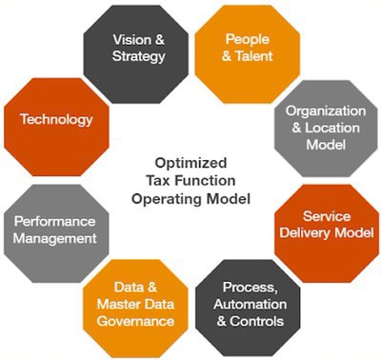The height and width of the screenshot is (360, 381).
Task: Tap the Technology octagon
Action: coord(55,120)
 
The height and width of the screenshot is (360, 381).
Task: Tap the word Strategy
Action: coord(139,56)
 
